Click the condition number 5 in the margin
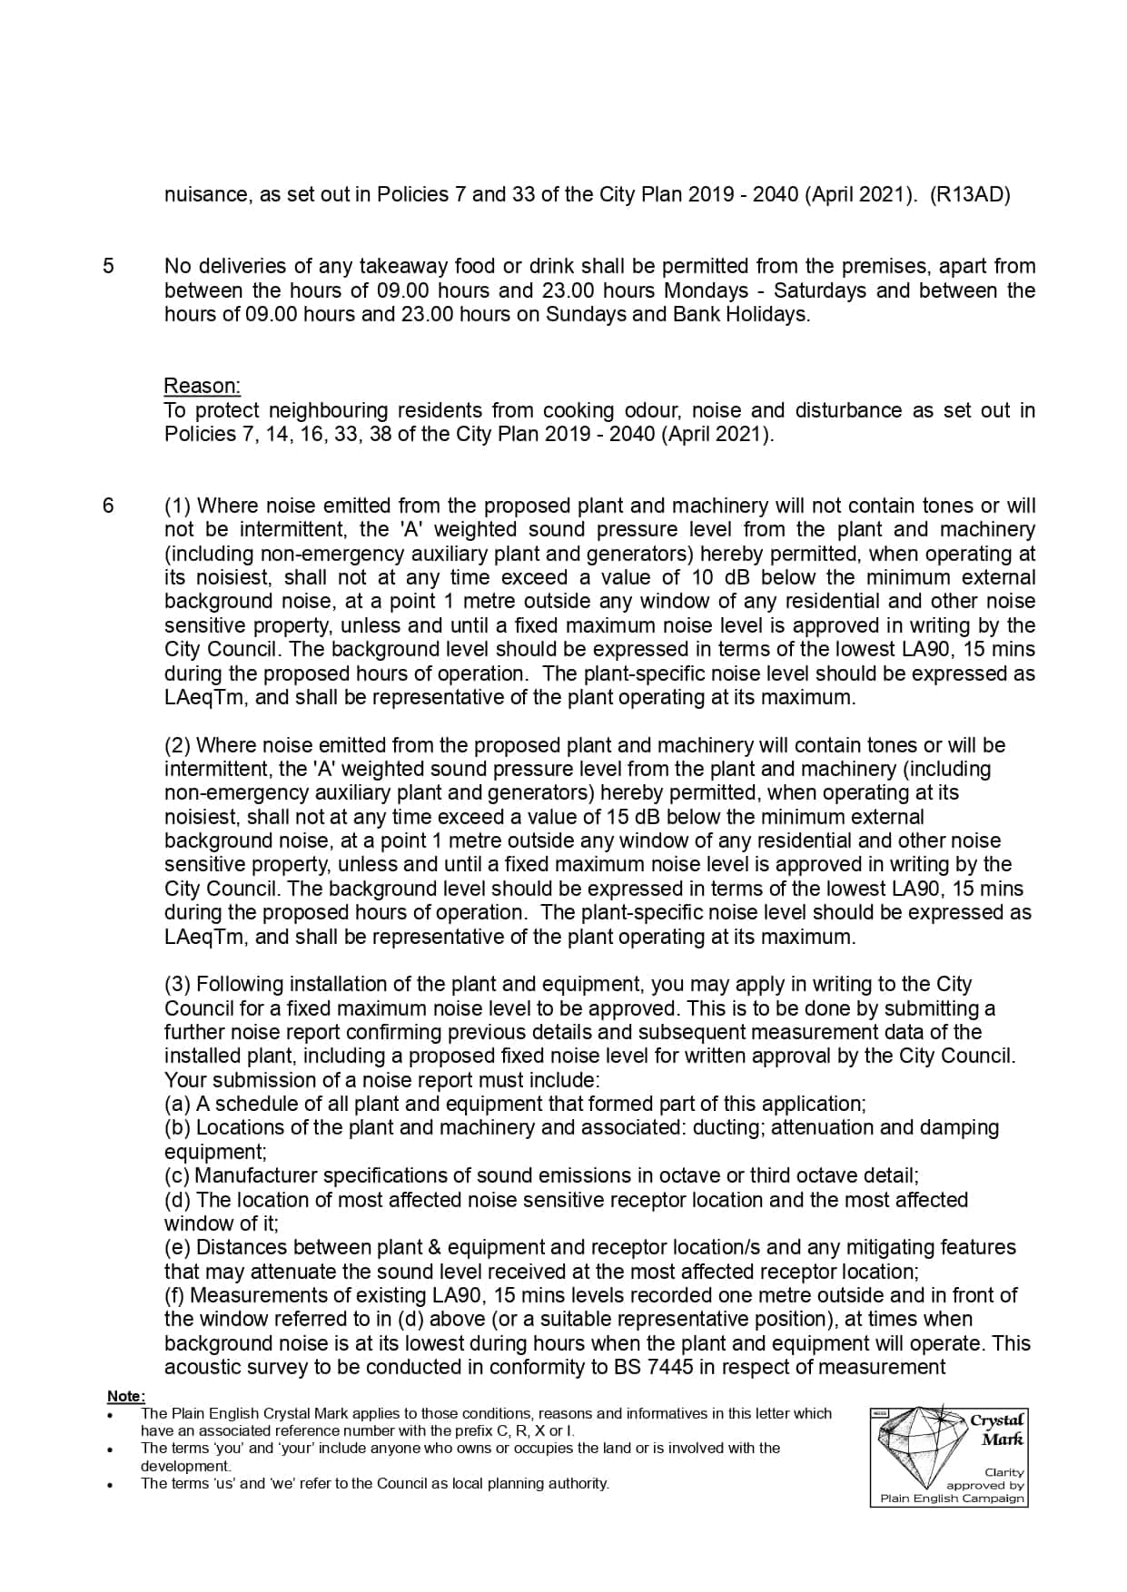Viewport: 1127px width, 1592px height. tap(108, 266)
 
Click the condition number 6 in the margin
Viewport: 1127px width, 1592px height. tap(108, 506)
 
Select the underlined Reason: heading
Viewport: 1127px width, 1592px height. tap(202, 386)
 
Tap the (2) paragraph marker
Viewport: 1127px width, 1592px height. tap(177, 745)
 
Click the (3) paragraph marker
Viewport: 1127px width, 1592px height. tap(177, 984)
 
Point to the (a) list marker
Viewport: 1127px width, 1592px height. tap(177, 1104)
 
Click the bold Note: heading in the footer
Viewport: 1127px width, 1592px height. tap(125, 1396)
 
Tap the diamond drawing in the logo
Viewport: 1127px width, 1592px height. tap(917, 1443)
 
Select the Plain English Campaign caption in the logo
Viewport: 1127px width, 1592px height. tap(952, 1499)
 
